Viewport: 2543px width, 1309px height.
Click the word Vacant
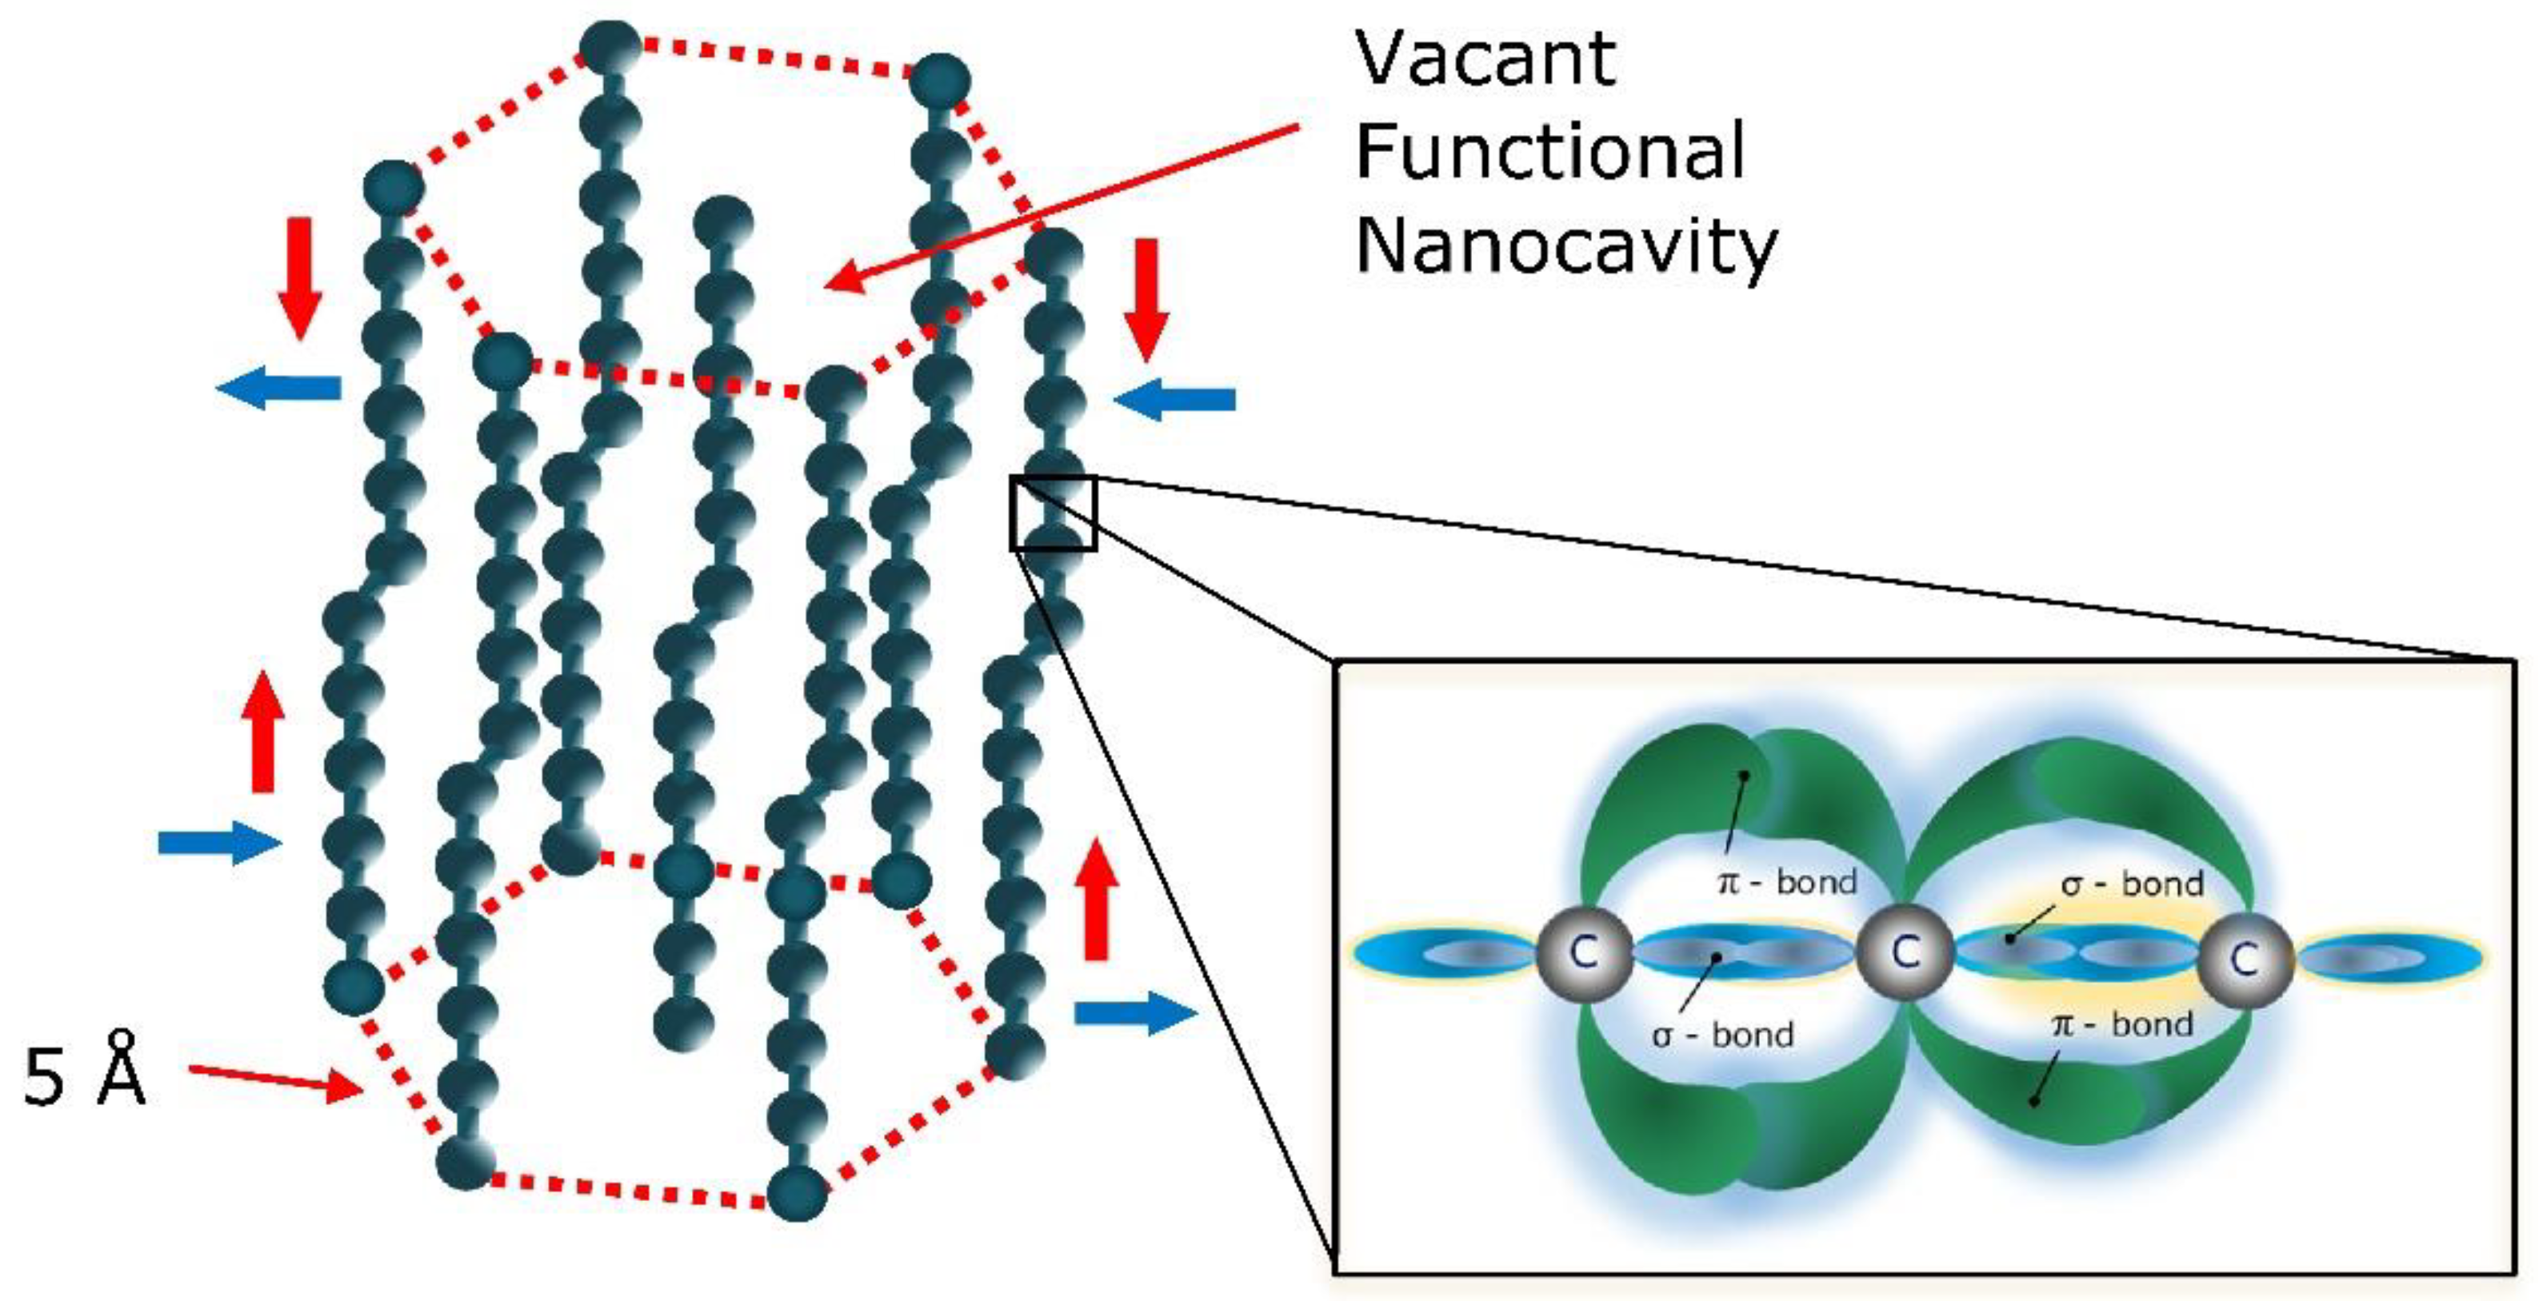pos(1485,59)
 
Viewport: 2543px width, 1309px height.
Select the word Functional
pos(1550,152)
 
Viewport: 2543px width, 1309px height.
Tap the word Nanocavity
pos(1565,247)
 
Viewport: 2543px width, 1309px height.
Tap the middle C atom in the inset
pos(1905,952)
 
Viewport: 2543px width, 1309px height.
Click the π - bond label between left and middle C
pos(1788,880)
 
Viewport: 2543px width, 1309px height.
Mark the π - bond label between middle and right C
pos(2122,1024)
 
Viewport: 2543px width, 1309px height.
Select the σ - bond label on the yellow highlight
pos(2133,884)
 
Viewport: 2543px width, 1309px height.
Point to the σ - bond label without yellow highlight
pos(1722,1035)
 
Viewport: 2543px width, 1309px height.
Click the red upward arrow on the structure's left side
pos(262,732)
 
